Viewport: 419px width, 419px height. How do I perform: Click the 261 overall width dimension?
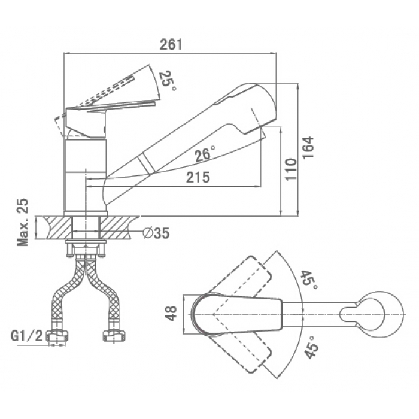pyautogui.click(x=171, y=44)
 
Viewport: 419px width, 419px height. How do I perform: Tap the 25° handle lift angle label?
pyautogui.click(x=167, y=80)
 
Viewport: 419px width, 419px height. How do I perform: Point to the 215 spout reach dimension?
pyautogui.click(x=198, y=177)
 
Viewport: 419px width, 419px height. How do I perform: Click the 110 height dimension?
pyautogui.click(x=291, y=169)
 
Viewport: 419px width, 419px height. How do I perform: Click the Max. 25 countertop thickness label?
pyautogui.click(x=23, y=222)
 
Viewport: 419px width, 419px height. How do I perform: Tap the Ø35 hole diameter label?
pyautogui.click(x=156, y=233)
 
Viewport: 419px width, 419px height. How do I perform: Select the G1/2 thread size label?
pyautogui.click(x=27, y=336)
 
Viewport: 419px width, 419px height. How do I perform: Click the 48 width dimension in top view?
pyautogui.click(x=171, y=314)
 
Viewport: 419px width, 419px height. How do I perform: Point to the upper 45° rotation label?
pyautogui.click(x=309, y=280)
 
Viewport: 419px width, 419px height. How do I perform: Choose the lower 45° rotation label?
pyautogui.click(x=312, y=347)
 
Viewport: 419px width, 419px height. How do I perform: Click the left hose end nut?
pyautogui.click(x=57, y=336)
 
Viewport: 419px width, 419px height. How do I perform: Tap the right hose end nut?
pyautogui.click(x=114, y=336)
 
